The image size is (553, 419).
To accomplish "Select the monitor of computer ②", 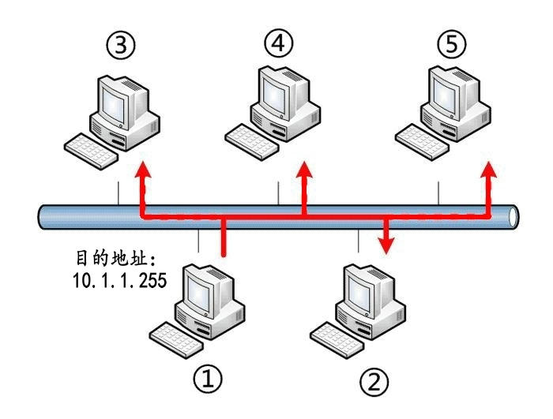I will tap(366, 293).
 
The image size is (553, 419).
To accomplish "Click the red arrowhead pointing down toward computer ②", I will tap(386, 246).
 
